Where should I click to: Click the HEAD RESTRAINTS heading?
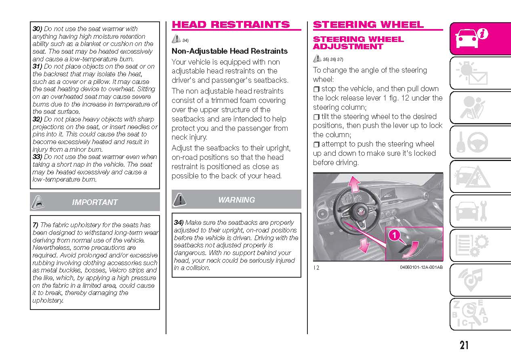click(231, 25)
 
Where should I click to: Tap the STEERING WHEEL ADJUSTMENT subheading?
click(358, 43)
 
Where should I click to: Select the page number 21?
click(464, 345)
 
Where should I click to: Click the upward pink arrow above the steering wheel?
click(355, 184)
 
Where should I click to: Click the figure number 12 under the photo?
click(316, 267)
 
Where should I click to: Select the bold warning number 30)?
click(37, 29)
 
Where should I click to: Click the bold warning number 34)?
click(179, 222)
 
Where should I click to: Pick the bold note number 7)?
click(36, 225)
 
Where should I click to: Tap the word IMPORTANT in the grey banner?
click(95, 202)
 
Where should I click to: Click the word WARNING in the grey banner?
click(236, 200)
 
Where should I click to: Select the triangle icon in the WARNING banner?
click(179, 199)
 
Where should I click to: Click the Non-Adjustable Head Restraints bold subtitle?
click(229, 51)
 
